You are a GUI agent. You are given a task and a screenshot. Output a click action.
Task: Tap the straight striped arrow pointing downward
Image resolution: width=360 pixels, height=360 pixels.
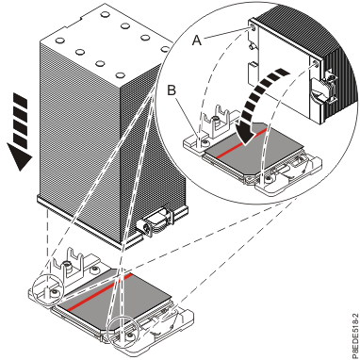[x=19, y=123]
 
